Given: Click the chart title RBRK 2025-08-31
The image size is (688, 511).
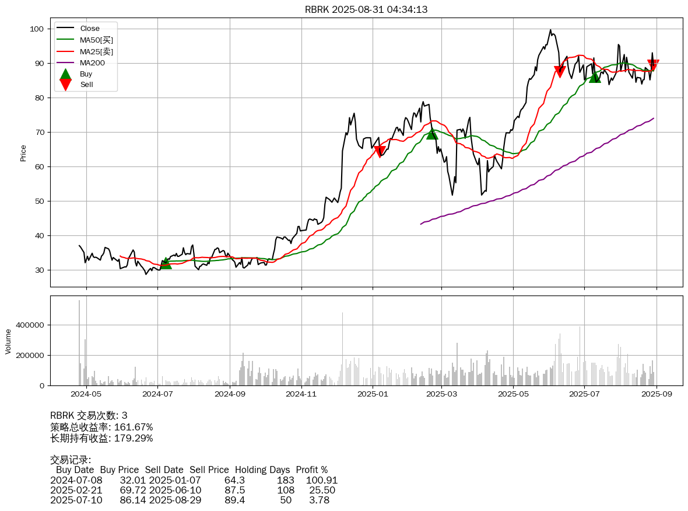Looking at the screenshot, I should coord(366,9).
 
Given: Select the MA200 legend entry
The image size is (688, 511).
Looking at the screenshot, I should coord(92,62).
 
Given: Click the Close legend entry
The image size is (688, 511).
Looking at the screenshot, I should coord(90,28).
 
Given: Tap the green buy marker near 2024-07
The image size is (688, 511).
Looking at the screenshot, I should coord(166,263).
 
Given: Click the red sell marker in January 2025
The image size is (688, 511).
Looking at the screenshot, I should coord(380,151).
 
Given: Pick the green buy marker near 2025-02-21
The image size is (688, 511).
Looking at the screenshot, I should coord(431,134).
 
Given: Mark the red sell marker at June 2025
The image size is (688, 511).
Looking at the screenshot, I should coord(560,71).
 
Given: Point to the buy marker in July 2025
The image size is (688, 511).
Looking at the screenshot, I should coord(594,77).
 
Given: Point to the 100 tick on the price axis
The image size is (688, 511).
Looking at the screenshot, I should coord(37,29).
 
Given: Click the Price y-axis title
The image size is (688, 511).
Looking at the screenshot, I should coord(23,153).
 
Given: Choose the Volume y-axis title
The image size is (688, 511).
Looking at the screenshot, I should coord(8,341).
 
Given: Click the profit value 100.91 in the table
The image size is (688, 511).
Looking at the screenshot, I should coord(322,481).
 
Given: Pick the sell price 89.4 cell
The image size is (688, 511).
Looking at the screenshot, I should coord(234,500).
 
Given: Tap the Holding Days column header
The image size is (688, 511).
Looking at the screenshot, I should coord(262,470).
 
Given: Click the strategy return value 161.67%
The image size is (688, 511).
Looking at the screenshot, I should coord(134,427).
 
